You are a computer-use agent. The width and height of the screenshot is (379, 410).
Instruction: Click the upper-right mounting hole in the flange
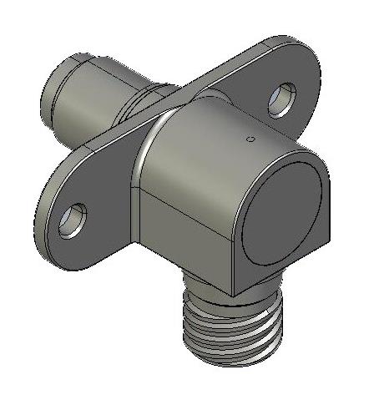coord(281,99)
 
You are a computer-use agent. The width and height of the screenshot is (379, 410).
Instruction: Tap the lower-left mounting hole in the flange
coord(72,220)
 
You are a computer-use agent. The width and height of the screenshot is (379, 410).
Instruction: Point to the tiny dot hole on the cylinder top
coord(247,139)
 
